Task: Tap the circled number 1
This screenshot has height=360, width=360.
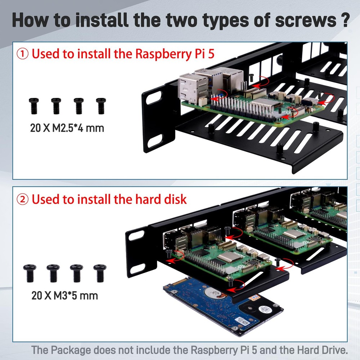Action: [x=23, y=54]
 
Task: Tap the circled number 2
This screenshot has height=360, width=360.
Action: [x=23, y=199]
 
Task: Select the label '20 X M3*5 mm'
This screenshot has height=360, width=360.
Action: [x=65, y=296]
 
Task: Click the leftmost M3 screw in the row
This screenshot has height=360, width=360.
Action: [x=29, y=273]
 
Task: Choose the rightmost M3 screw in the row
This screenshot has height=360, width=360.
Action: [x=100, y=273]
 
